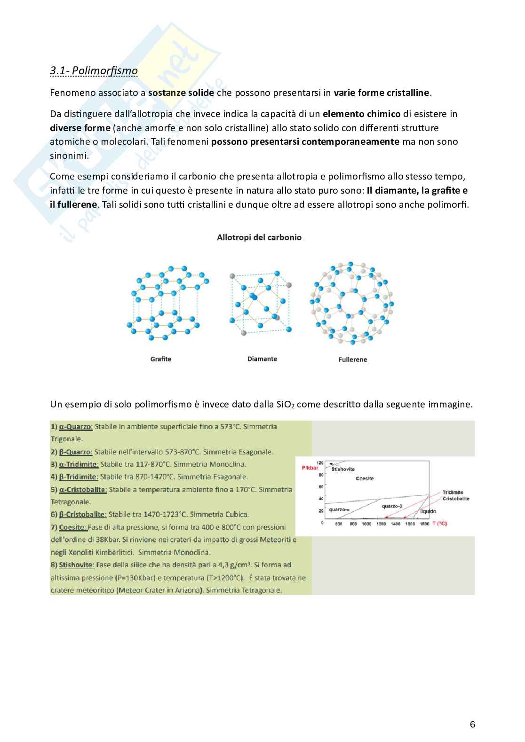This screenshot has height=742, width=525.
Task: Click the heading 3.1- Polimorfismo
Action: [x=94, y=71]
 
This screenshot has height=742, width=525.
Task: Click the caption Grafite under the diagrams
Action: [x=160, y=359]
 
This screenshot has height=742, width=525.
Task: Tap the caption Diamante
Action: [x=262, y=359]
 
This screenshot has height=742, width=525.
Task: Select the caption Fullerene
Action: [x=352, y=359]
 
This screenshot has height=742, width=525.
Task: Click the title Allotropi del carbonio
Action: [x=259, y=238]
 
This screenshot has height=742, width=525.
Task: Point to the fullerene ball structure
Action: [x=351, y=303]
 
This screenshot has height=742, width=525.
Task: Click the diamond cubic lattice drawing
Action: [x=260, y=303]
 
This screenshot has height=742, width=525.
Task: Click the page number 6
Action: [x=472, y=724]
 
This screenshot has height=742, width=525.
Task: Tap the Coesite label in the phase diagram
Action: [x=365, y=479]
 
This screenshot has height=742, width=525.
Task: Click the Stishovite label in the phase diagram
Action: [x=343, y=469]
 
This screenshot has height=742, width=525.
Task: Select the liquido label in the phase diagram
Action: [x=428, y=511]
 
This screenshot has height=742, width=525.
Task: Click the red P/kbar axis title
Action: [x=310, y=468]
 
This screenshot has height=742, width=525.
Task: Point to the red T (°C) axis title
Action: [x=439, y=523]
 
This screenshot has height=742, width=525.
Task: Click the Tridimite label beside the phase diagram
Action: [x=453, y=492]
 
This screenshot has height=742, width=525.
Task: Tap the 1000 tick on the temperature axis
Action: [x=366, y=523]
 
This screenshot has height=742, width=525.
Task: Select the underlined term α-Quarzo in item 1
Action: [x=75, y=427]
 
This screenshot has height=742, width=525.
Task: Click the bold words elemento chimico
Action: [x=361, y=114]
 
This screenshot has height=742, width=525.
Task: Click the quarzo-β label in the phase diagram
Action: [x=392, y=506]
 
